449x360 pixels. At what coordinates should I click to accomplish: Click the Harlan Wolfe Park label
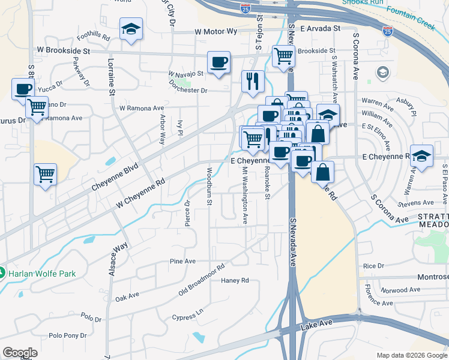tap(42, 274)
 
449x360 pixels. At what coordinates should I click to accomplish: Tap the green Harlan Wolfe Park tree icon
tap(2, 273)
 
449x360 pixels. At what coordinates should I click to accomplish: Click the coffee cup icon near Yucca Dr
tap(23, 89)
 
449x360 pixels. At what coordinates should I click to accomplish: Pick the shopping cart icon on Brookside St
tap(283, 56)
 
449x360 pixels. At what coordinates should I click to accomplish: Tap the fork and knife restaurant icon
tap(253, 80)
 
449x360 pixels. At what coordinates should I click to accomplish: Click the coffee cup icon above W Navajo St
tap(218, 62)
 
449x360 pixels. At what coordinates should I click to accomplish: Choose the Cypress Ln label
tap(188, 316)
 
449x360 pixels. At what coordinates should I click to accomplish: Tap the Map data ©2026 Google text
tap(411, 355)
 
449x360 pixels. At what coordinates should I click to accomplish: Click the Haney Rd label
tap(235, 280)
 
